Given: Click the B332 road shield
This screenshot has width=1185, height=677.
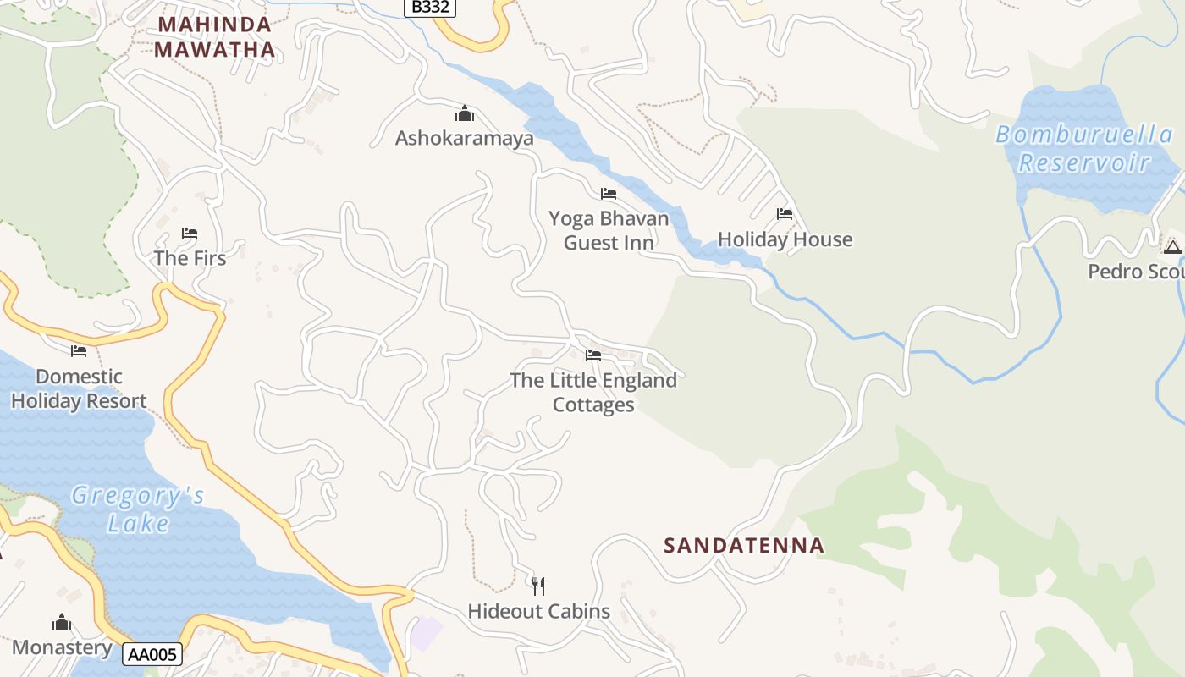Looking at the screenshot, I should pyautogui.click(x=429, y=8).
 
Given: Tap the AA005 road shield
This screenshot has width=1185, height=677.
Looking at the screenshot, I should pyautogui.click(x=152, y=654).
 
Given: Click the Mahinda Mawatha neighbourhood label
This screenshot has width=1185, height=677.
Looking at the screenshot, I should pyautogui.click(x=215, y=37).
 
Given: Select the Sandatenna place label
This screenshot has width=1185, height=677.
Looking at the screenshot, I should pyautogui.click(x=744, y=546).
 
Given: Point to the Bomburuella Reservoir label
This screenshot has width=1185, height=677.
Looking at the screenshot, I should pyautogui.click(x=1083, y=148).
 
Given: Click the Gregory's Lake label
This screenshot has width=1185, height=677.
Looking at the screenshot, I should pyautogui.click(x=138, y=509).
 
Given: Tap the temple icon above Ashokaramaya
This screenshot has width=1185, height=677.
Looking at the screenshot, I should pyautogui.click(x=464, y=113).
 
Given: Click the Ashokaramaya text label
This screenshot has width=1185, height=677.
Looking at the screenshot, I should pyautogui.click(x=464, y=138).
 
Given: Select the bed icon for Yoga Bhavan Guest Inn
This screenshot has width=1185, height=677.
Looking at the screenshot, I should pyautogui.click(x=608, y=194).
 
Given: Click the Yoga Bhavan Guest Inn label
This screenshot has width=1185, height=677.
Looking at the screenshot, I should pyautogui.click(x=609, y=231).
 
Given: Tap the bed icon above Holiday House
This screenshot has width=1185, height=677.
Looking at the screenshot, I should pyautogui.click(x=785, y=214).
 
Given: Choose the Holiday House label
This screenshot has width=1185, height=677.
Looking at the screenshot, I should pyautogui.click(x=785, y=240).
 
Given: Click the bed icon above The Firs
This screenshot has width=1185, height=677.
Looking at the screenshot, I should pyautogui.click(x=190, y=234).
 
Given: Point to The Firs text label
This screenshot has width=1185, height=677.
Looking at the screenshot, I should pyautogui.click(x=190, y=258).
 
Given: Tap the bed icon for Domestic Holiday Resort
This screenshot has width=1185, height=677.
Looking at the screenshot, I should pyautogui.click(x=79, y=351).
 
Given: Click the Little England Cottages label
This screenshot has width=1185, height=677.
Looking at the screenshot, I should pyautogui.click(x=593, y=393).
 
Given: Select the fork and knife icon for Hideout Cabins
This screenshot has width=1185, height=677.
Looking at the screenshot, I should pyautogui.click(x=538, y=586).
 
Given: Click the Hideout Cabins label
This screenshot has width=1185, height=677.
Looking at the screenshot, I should pyautogui.click(x=538, y=611).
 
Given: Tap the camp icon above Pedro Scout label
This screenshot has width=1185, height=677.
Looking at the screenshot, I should pyautogui.click(x=1172, y=247).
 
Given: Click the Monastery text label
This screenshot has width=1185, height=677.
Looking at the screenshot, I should pyautogui.click(x=62, y=648).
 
